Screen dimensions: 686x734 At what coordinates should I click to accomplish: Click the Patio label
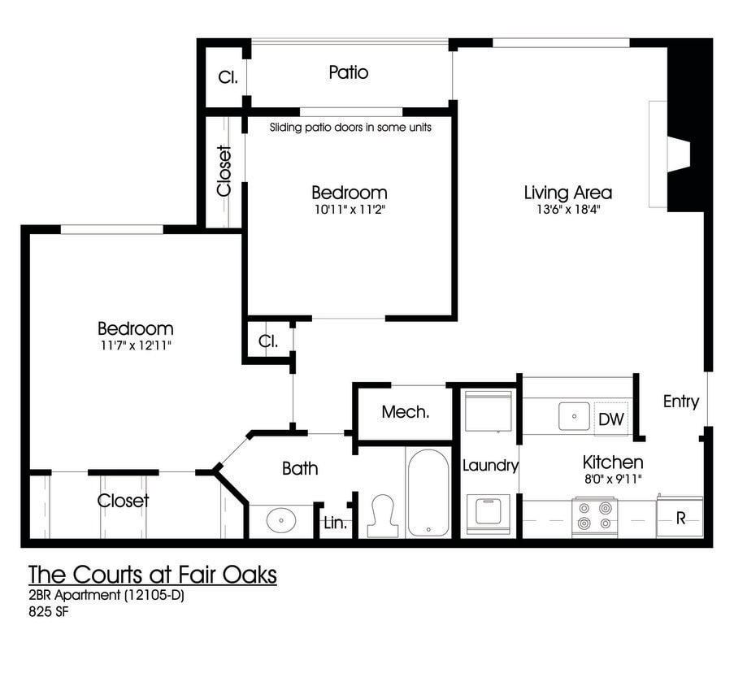click(349, 73)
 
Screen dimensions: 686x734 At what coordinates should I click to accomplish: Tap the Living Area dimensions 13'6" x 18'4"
click(567, 210)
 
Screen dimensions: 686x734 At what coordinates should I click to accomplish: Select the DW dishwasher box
click(610, 419)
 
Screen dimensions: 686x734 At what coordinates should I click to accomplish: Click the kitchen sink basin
click(574, 416)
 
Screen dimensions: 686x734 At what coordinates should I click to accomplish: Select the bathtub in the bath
click(428, 493)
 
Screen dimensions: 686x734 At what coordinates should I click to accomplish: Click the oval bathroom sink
click(281, 519)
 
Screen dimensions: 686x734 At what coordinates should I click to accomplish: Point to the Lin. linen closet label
click(335, 524)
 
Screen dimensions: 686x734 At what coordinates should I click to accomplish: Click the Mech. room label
click(405, 413)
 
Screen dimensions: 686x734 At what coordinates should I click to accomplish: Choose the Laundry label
click(490, 466)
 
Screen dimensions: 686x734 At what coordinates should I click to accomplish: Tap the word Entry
click(680, 402)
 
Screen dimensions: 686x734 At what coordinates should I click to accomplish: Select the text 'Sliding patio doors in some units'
click(350, 128)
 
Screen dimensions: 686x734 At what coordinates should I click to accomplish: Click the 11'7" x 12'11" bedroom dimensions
click(135, 345)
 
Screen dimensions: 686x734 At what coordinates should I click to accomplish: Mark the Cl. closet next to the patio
click(227, 78)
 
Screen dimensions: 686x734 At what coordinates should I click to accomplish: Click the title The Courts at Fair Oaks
click(153, 575)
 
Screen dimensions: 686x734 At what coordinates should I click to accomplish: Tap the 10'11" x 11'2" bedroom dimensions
click(349, 210)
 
